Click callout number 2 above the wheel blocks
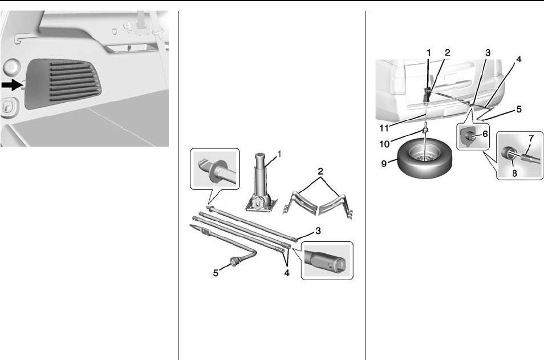coord(320,171)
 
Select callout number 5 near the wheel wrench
coord(216,273)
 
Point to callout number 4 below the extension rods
coord(287,273)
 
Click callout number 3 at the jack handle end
coord(318,230)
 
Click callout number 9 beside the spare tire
coord(384,163)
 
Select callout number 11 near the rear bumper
coord(384,128)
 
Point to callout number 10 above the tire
coord(384,143)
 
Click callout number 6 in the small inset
coord(485,134)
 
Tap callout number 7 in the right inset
coord(531,139)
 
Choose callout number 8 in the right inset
coord(514,173)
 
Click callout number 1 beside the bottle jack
coord(279,153)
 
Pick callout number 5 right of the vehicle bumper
coord(519,109)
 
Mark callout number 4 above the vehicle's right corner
coord(519,59)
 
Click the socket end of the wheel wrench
coord(236,261)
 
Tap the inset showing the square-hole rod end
coord(327,260)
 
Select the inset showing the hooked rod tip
coord(215,169)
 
